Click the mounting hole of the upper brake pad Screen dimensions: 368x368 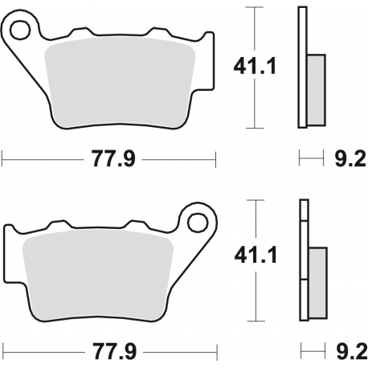tap(21, 30)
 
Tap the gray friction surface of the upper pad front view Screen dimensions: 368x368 tap(121, 80)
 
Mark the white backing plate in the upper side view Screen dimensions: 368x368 tap(302, 32)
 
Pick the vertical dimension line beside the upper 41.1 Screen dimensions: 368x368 tap(255, 67)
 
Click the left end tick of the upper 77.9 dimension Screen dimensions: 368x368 tap(2, 159)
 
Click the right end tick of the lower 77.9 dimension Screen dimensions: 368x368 tap(217, 351)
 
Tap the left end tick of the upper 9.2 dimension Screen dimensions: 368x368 tap(299, 159)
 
